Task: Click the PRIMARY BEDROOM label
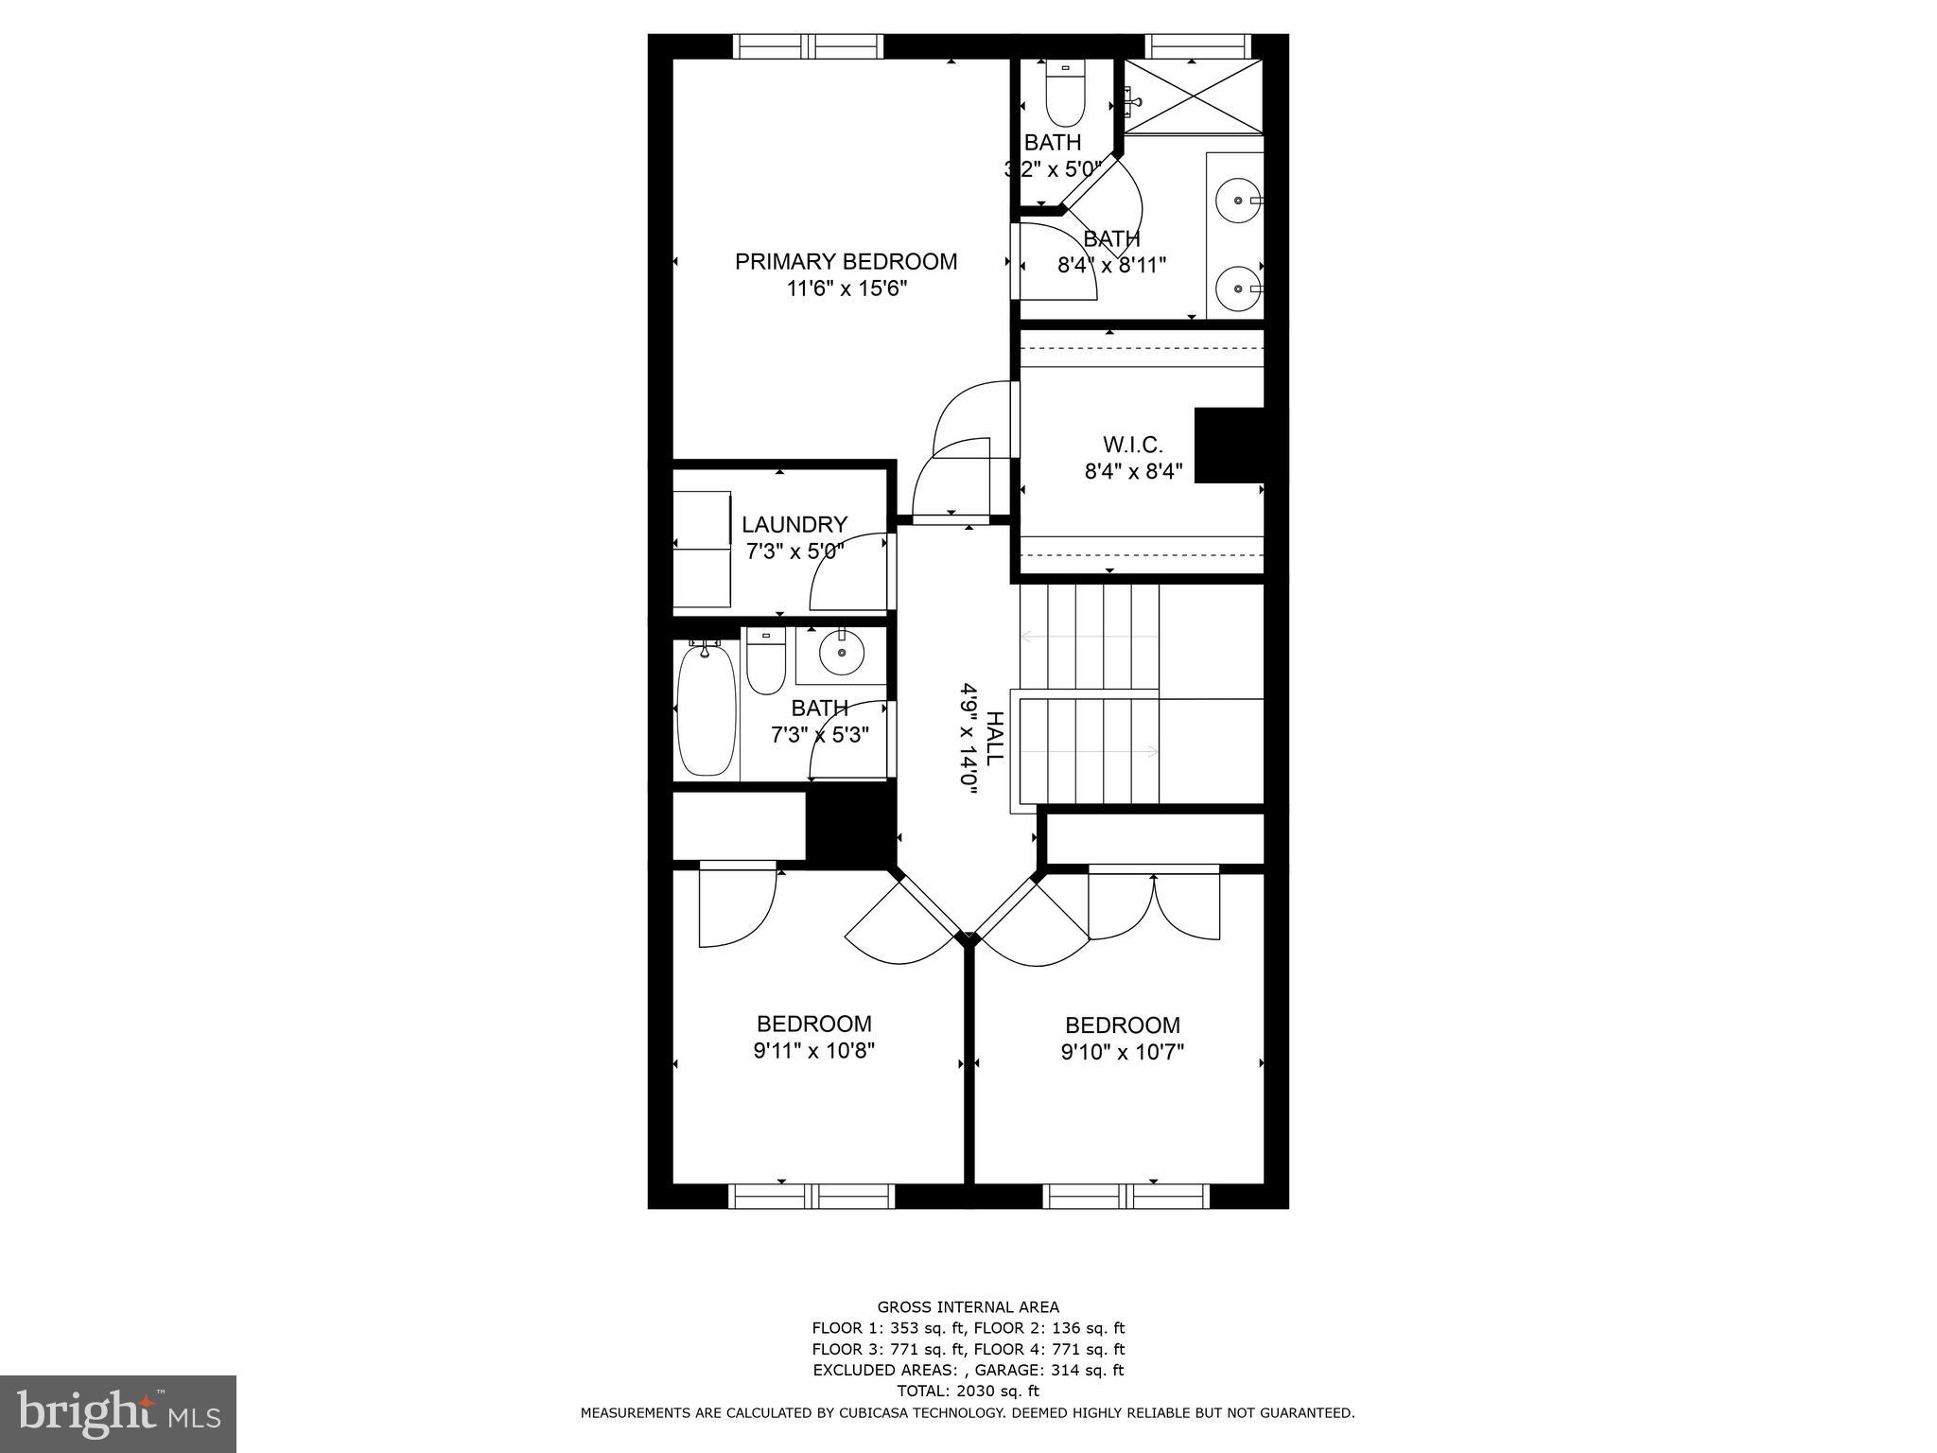click(x=846, y=261)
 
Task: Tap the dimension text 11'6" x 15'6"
click(x=846, y=289)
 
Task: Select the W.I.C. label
click(x=1132, y=444)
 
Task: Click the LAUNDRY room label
click(x=794, y=524)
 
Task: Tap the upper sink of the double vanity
click(x=1237, y=201)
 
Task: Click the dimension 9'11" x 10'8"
click(x=813, y=1050)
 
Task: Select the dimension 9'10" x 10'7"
click(x=1122, y=1051)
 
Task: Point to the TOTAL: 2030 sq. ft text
click(x=968, y=1391)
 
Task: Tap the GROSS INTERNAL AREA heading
click(x=968, y=1307)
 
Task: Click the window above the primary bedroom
click(x=808, y=45)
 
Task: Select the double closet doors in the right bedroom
click(x=1154, y=903)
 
